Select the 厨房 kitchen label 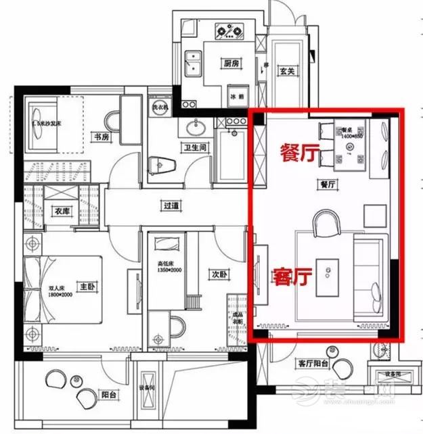click(231, 64)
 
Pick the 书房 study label click(101, 137)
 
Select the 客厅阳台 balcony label click(313, 364)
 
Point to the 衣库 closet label click(62, 211)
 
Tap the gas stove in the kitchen click(229, 31)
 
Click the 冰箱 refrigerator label click(237, 96)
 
